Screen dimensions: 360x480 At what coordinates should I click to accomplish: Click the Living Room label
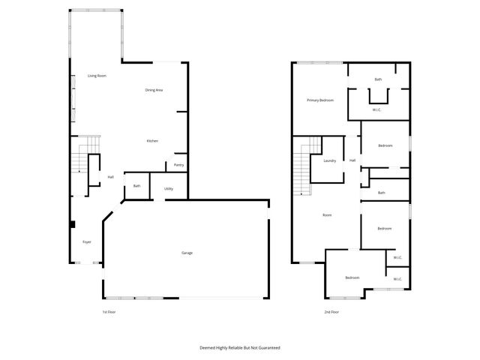[x=97, y=76]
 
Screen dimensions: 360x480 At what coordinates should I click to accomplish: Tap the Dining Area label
[x=154, y=90]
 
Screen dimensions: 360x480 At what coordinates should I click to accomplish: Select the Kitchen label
[x=152, y=141]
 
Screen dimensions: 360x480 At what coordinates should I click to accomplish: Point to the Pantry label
[x=178, y=165]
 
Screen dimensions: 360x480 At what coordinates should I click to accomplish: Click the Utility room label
[x=169, y=188]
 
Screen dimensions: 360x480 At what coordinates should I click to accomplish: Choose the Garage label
[x=187, y=253]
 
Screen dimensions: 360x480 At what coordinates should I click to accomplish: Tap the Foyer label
[x=86, y=241]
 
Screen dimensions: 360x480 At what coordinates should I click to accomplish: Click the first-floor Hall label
[x=110, y=177]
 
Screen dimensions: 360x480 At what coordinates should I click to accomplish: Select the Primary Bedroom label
[x=320, y=100]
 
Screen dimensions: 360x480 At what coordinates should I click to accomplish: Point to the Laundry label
[x=329, y=161]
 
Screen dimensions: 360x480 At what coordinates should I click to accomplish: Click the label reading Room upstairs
[x=327, y=215]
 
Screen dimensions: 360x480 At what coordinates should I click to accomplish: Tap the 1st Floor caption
[x=109, y=311]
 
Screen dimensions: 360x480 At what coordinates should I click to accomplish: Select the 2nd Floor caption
[x=331, y=311]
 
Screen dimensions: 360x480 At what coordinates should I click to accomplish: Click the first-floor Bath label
[x=137, y=186]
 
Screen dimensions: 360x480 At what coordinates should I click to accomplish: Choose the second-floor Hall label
[x=352, y=160]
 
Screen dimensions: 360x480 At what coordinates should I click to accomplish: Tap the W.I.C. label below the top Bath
[x=377, y=110]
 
